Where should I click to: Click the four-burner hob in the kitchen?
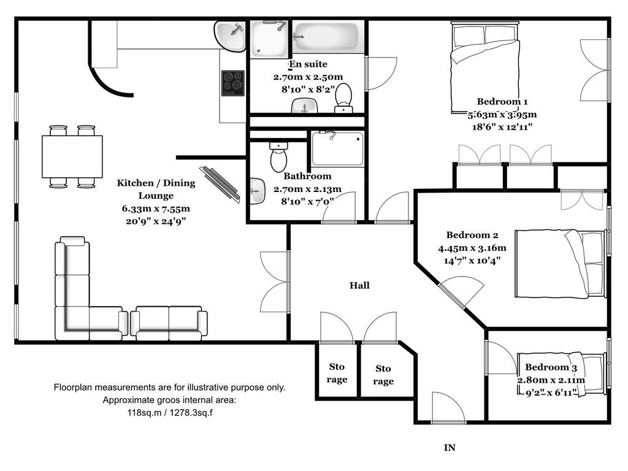coord(232,83)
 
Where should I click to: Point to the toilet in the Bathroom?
coord(278,157)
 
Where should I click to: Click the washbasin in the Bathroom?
coord(258,191)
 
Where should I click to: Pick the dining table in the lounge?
coord(72,156)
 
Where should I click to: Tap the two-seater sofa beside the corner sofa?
coord(169,323)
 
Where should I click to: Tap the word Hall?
coord(359,285)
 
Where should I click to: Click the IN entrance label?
coord(450,448)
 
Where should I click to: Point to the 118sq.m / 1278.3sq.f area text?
coord(169,413)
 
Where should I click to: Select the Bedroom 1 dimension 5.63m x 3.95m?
coord(502,115)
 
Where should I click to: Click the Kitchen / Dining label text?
coord(156,183)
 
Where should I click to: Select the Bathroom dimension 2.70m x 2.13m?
coord(307,189)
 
